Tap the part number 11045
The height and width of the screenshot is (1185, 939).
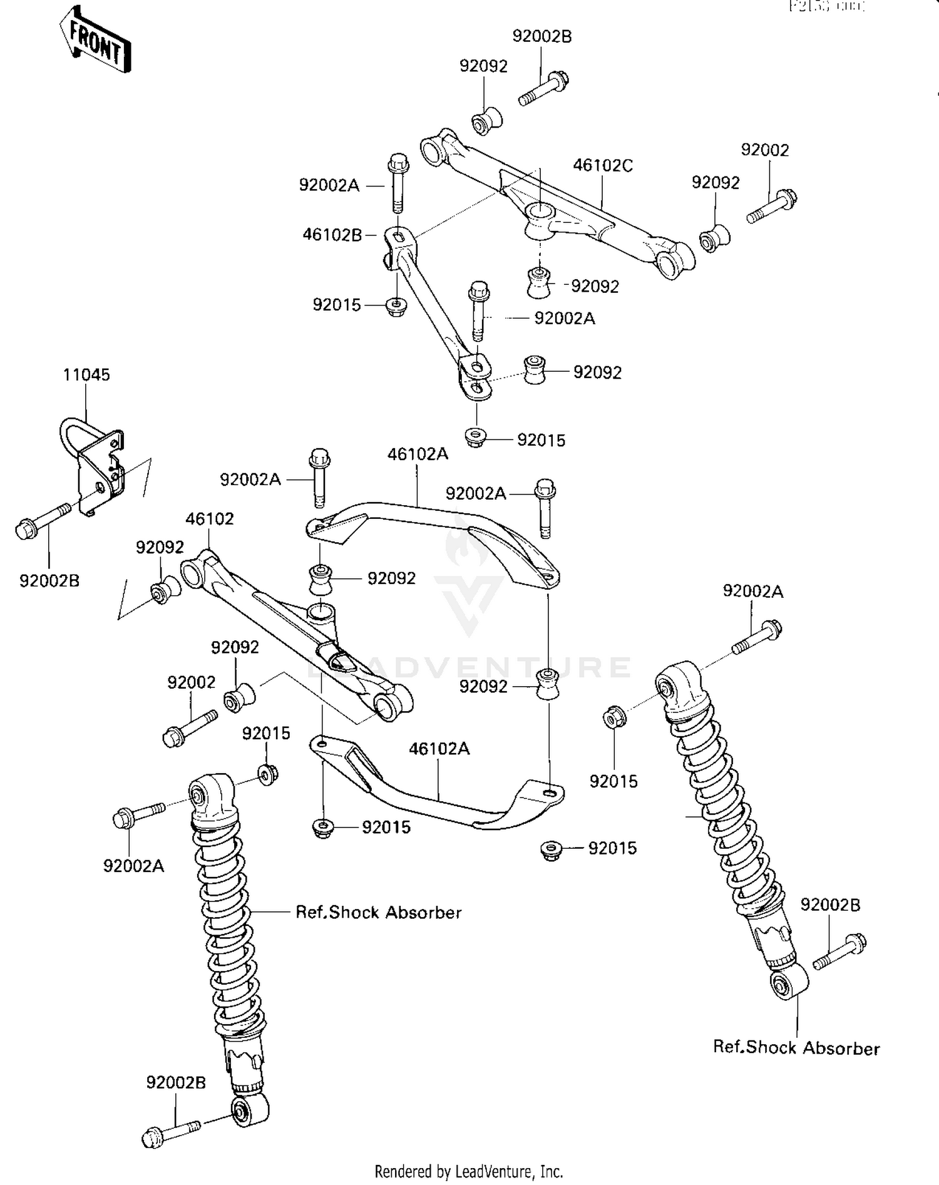point(86,375)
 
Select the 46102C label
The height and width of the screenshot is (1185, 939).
point(603,166)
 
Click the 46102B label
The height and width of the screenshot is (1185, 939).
point(332,235)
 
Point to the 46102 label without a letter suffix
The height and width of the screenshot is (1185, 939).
point(209,519)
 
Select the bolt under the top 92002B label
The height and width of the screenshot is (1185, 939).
point(543,89)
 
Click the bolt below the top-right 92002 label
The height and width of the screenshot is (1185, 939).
point(772,207)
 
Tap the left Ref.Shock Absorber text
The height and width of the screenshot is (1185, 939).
point(378,913)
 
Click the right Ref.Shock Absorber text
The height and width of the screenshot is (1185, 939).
point(796,1048)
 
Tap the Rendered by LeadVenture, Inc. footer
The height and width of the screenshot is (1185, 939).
point(468,1171)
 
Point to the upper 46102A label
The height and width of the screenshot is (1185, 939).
point(418,454)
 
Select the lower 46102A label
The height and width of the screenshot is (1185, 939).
point(439,749)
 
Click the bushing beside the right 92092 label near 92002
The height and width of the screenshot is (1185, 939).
point(714,238)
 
